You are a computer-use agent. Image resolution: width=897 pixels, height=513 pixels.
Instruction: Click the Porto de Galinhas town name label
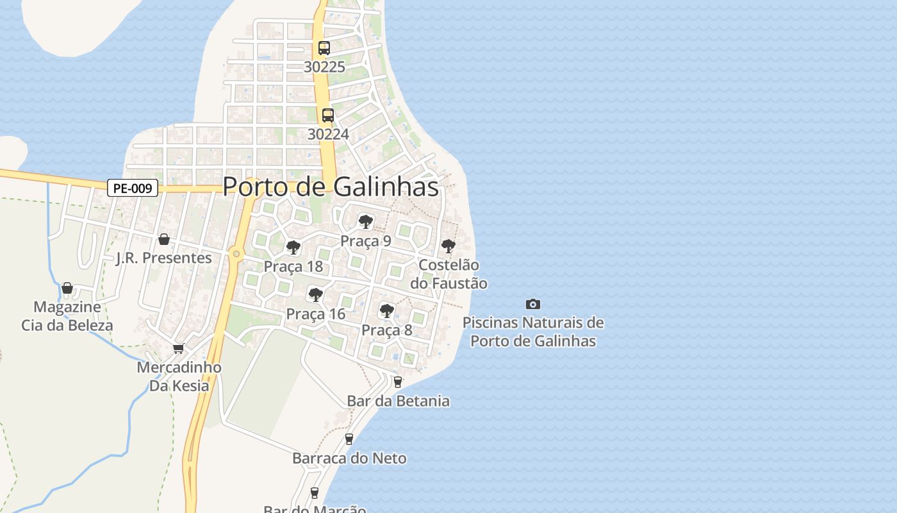331,187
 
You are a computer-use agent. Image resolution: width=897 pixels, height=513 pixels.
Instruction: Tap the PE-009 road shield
132,189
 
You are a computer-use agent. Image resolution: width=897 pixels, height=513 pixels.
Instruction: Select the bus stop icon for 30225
324,48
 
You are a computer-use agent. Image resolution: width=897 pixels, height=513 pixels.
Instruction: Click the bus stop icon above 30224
328,115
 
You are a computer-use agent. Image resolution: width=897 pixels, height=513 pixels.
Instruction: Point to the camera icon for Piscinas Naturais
532,304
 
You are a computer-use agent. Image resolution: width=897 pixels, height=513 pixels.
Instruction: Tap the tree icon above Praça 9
366,222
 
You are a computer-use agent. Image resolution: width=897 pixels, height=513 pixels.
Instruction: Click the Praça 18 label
293,266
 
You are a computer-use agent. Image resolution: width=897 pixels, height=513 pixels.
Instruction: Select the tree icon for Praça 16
315,295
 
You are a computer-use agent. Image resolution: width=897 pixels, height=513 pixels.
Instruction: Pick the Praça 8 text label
387,330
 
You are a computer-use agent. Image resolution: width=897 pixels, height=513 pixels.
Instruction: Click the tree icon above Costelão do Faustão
448,246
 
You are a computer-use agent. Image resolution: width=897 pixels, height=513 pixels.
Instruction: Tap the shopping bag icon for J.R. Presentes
164,239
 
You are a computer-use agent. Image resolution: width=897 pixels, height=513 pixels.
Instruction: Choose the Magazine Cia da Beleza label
67,315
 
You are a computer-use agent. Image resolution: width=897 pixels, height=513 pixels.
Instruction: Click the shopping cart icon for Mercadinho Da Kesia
179,348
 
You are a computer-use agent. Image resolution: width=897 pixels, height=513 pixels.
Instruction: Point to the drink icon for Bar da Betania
398,382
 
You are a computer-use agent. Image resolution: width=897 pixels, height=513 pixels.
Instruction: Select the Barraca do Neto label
349,458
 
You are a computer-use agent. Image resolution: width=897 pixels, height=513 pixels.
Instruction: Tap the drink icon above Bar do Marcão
314,492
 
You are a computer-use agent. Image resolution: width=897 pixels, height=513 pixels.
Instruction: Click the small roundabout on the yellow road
236,254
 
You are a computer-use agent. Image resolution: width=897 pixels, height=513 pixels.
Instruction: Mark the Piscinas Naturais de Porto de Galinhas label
533,332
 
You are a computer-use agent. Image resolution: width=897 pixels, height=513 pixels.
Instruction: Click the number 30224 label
328,134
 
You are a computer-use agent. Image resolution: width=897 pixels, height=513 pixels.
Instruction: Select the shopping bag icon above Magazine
67,288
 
